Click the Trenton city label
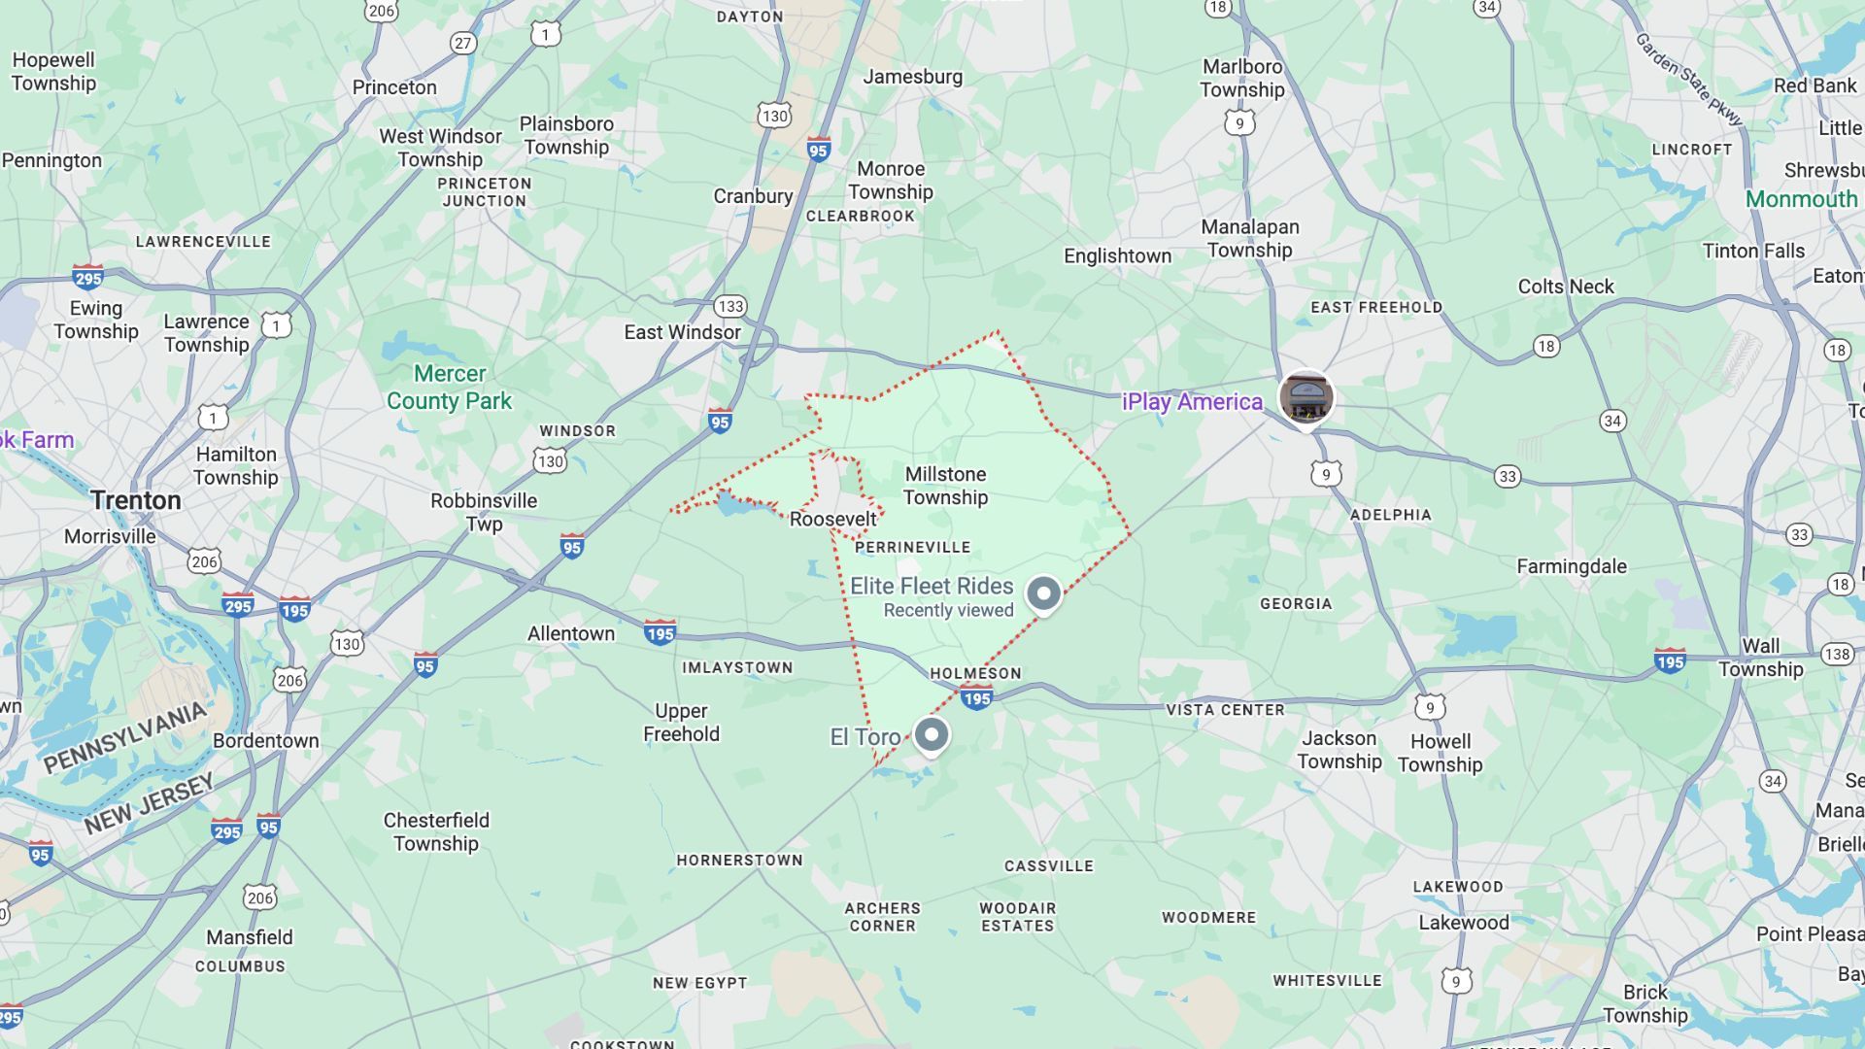point(136,500)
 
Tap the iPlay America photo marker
point(1305,397)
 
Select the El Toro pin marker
point(932,733)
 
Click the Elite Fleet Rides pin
point(1044,593)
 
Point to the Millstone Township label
point(945,486)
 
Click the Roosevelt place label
point(832,519)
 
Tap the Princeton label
point(394,87)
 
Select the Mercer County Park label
point(449,387)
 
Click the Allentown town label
point(571,633)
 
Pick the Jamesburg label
point(913,77)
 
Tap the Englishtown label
point(1117,255)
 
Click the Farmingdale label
point(1572,566)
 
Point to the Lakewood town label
point(1464,923)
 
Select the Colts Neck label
point(1566,287)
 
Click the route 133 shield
point(730,307)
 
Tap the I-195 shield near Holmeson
point(976,698)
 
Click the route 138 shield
point(1837,654)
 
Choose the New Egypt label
point(699,983)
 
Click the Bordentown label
point(266,740)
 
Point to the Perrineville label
point(912,547)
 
